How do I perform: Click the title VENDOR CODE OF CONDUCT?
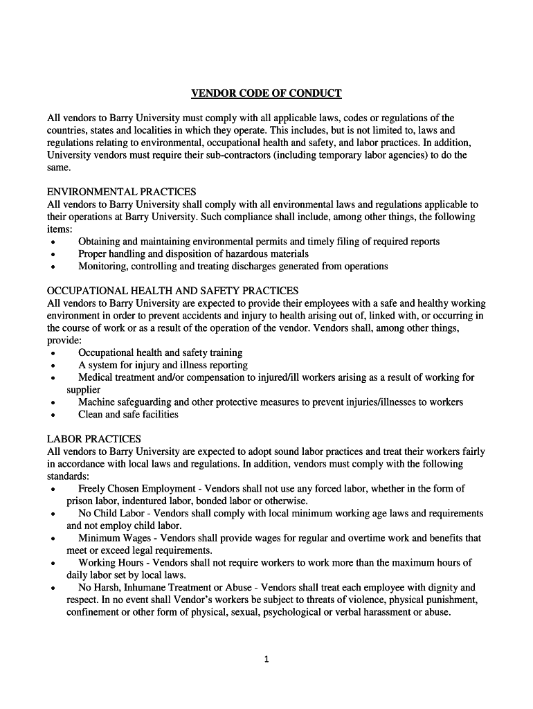point(266,93)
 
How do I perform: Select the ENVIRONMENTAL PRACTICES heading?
point(121,192)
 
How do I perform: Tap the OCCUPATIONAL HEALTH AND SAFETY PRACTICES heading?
point(172,291)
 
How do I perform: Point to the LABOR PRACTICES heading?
point(93,439)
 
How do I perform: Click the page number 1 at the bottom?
point(266,659)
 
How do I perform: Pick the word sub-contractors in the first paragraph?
point(235,155)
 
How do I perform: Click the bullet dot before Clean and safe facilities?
point(53,415)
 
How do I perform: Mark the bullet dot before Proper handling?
point(53,255)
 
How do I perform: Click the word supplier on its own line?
point(83,390)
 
